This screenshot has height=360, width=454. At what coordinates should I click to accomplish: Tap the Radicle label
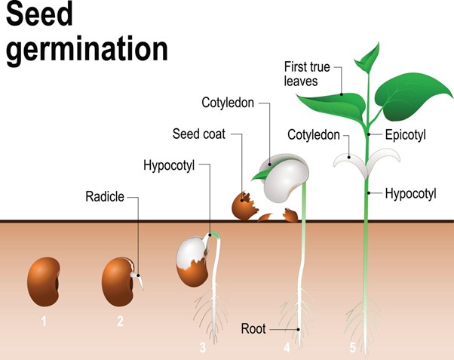tap(105, 198)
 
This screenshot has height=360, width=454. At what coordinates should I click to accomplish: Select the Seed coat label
tap(198, 134)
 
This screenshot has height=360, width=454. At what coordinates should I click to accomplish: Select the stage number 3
tap(202, 348)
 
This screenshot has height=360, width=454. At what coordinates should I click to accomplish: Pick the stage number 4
tap(287, 348)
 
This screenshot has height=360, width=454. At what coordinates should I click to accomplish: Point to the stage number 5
tap(352, 348)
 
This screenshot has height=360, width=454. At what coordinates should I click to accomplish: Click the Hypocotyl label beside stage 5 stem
tap(410, 193)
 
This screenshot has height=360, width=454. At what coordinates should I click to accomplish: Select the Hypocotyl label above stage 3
tap(167, 165)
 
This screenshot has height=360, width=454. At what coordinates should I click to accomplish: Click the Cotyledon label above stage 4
tap(229, 101)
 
